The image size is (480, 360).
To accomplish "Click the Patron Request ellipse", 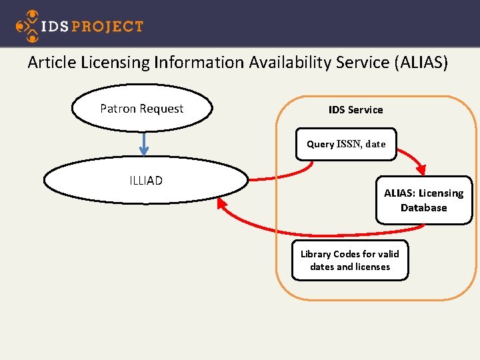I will (141, 109).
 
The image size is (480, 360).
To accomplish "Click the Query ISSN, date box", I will (346, 144).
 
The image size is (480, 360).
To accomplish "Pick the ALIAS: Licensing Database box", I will (423, 200).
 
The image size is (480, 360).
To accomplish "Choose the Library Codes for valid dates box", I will (350, 260).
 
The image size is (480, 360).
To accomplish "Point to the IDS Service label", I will (355, 109).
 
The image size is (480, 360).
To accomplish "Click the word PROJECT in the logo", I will (107, 27).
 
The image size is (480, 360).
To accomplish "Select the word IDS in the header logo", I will (53, 27).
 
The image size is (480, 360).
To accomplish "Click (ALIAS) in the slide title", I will (421, 63).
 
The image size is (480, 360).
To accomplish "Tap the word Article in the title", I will (52, 63).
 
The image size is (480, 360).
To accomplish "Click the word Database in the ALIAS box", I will (423, 208).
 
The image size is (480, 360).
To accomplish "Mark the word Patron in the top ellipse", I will (117, 109).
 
